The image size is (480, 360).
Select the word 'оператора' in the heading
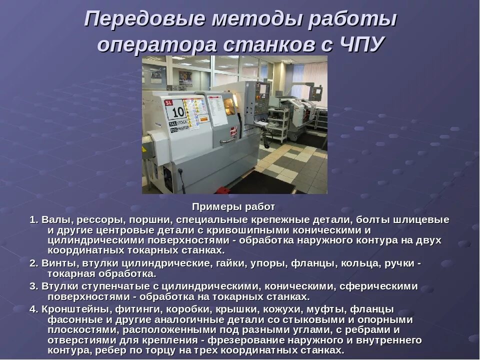(x=157, y=45)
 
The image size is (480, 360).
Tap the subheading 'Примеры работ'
(x=233, y=206)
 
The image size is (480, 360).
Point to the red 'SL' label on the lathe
(x=168, y=102)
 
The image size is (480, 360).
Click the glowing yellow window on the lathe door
(x=229, y=105)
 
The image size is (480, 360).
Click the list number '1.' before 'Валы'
(x=34, y=220)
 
